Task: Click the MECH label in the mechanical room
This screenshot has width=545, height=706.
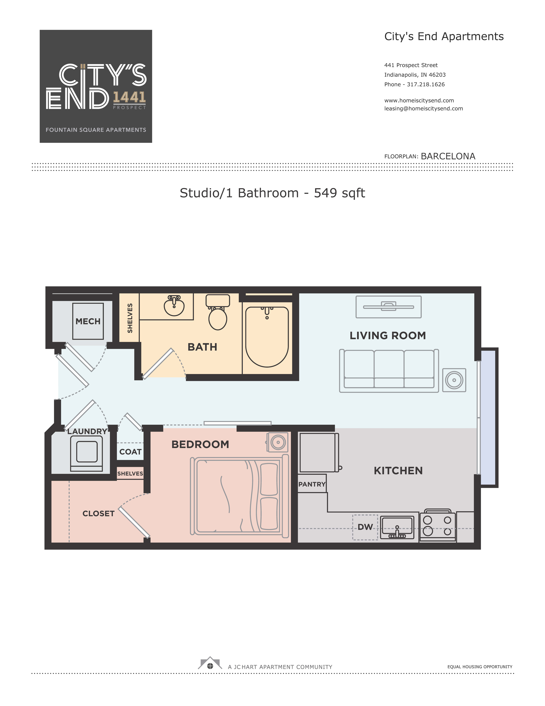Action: pyautogui.click(x=88, y=321)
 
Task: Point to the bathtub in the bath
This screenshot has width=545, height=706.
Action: pyautogui.click(x=267, y=337)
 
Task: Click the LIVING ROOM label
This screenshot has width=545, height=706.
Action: pyautogui.click(x=388, y=335)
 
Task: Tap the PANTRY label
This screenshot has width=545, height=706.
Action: pyautogui.click(x=312, y=484)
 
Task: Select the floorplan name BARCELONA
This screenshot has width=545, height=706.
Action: pyautogui.click(x=448, y=156)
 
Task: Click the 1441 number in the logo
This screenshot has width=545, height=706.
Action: pyautogui.click(x=129, y=97)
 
